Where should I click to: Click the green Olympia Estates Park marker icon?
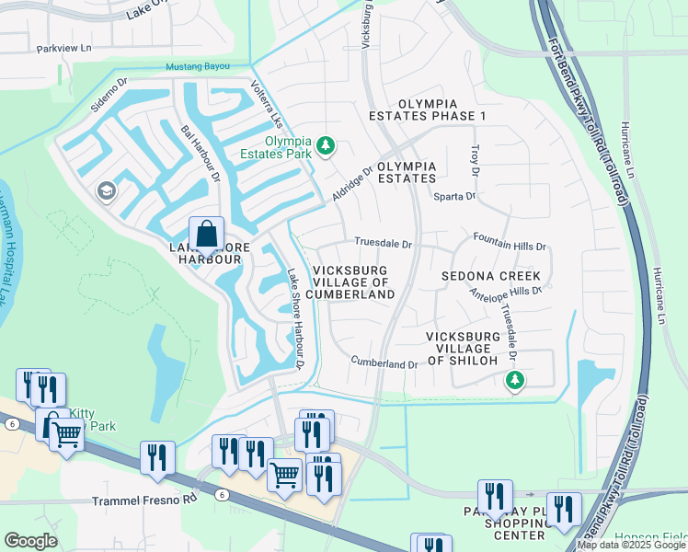(x=325, y=145)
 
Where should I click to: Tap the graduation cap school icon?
(x=107, y=190)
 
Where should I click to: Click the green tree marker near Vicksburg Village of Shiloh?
(x=515, y=379)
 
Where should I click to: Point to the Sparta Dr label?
(x=455, y=196)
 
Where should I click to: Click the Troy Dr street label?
(x=476, y=159)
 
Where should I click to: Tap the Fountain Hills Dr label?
(x=510, y=247)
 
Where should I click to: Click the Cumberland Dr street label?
(x=384, y=363)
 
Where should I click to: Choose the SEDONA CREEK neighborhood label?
(x=490, y=276)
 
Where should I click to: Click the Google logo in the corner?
(x=30, y=541)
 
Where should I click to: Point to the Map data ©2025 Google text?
(x=631, y=545)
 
